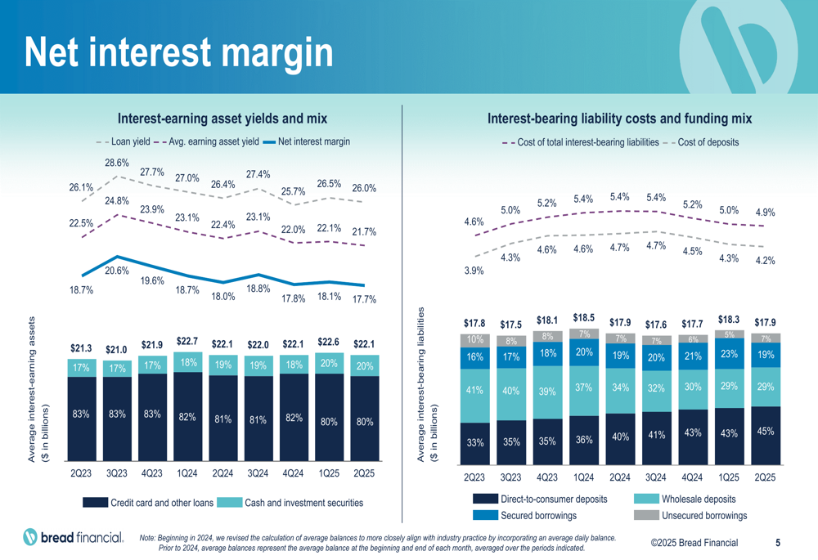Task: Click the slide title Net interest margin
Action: click(x=178, y=52)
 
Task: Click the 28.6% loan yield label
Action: click(x=116, y=163)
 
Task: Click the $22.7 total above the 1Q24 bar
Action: click(x=187, y=341)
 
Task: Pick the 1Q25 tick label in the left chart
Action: click(x=330, y=473)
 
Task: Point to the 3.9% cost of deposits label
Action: click(x=474, y=271)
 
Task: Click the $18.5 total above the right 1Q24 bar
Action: click(x=584, y=317)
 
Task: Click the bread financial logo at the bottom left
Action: click(x=74, y=537)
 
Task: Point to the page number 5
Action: click(x=778, y=542)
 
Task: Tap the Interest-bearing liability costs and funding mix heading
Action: click(x=619, y=119)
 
